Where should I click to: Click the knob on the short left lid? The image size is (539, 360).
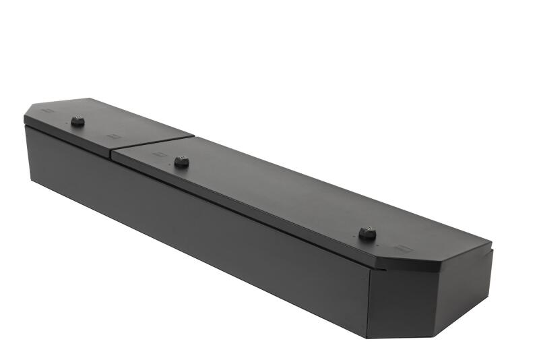77,121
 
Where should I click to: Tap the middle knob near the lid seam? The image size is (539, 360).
181,162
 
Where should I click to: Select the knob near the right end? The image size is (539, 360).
366,233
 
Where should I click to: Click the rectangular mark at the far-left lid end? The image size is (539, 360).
47,113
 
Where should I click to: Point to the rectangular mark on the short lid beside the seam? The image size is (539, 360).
113,137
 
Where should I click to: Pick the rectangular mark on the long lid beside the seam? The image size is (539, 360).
158,154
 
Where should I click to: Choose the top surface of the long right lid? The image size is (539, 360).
283,196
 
